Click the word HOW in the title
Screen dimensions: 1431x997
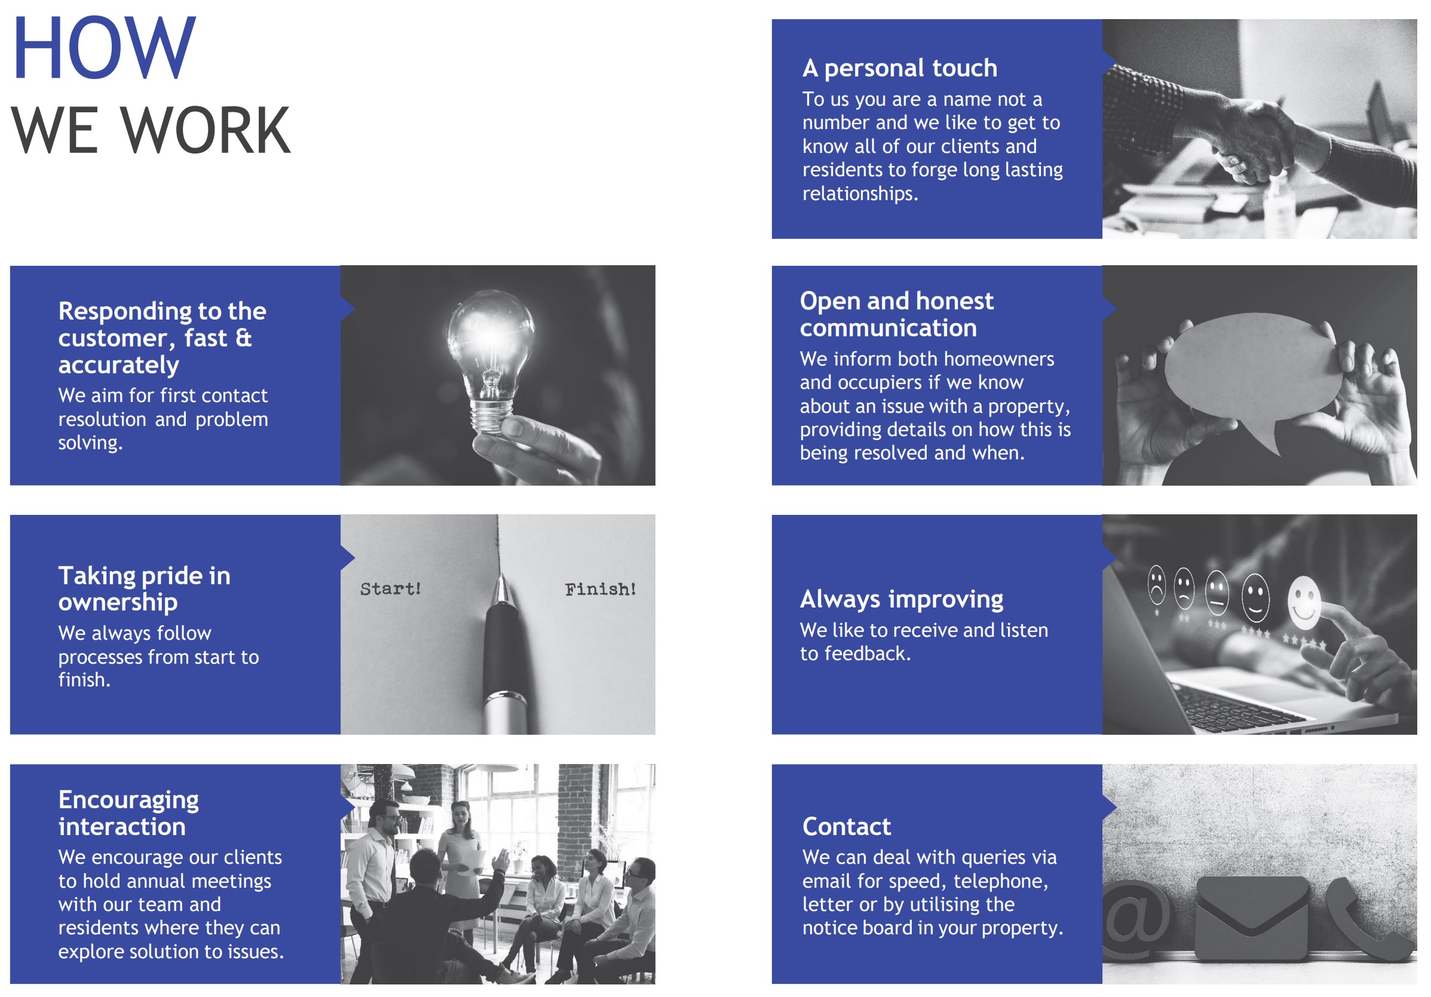[x=104, y=48]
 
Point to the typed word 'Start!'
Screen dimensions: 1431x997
[x=391, y=588]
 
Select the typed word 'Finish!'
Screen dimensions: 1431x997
[x=600, y=589]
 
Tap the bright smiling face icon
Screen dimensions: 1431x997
[x=1304, y=602]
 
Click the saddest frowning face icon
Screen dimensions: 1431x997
[x=1156, y=584]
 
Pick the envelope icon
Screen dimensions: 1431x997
[x=1252, y=917]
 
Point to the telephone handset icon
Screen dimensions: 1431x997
[x=1368, y=920]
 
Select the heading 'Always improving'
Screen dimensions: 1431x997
[x=901, y=599]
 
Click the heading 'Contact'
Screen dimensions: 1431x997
[x=847, y=826]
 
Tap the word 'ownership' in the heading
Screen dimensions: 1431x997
[x=118, y=602]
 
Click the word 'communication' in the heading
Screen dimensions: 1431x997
[x=888, y=328]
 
